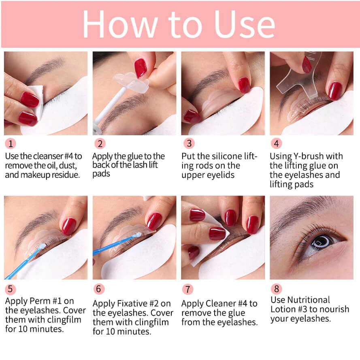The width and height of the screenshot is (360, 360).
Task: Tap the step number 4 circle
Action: [276, 143]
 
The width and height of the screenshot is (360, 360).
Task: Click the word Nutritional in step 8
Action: [309, 300]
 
